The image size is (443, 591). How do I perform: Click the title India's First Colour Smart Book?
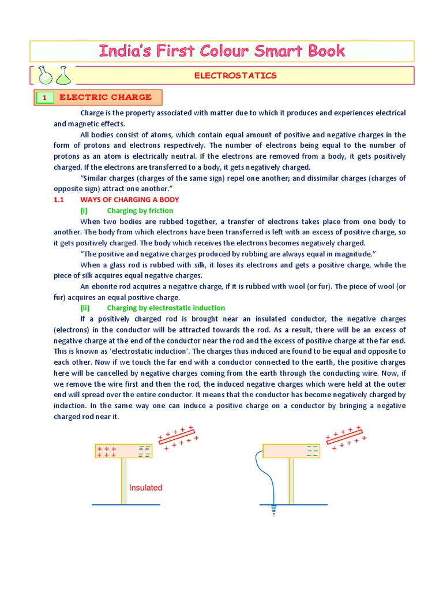[x=222, y=51]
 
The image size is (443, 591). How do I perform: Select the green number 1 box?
[x=44, y=98]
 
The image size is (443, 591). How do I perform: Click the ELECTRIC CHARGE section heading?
[x=106, y=97]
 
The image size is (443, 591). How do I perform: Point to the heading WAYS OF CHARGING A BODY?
[x=129, y=200]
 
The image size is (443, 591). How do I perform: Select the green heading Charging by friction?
[x=140, y=211]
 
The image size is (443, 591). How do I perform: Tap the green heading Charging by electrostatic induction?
[x=166, y=308]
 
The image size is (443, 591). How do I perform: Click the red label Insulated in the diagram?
[x=145, y=488]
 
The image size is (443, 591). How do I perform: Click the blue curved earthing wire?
[x=258, y=473]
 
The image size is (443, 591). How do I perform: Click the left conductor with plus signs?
[x=123, y=451]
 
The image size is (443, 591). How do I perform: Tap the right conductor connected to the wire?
[x=291, y=451]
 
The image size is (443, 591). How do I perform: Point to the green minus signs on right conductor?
[x=313, y=451]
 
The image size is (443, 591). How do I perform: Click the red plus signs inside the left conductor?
[x=107, y=451]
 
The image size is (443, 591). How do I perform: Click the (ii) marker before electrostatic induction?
[x=85, y=308]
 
